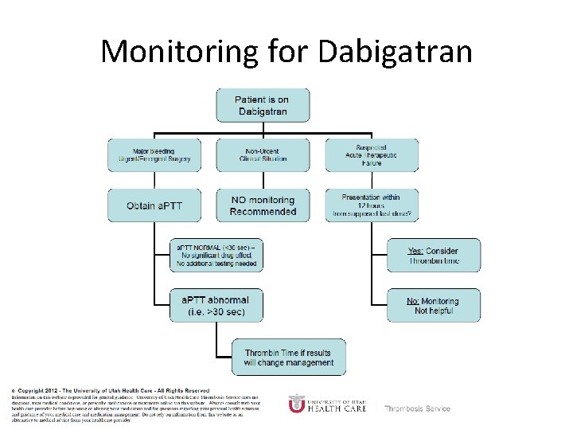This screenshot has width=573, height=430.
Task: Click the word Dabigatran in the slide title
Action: click(x=395, y=53)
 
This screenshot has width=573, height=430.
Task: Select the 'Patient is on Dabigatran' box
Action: click(x=262, y=105)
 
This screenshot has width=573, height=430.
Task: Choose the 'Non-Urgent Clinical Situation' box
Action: click(x=262, y=155)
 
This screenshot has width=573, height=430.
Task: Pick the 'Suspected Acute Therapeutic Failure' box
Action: click(x=371, y=155)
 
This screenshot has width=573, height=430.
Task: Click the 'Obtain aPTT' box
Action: click(x=154, y=205)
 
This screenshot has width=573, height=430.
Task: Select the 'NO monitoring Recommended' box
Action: click(x=262, y=205)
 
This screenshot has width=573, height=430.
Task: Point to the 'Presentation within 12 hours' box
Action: click(x=371, y=205)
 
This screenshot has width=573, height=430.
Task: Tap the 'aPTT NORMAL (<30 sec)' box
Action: click(x=216, y=255)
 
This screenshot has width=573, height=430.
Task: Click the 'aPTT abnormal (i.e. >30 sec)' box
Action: click(x=216, y=306)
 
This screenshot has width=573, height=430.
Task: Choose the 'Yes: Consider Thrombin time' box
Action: click(x=434, y=256)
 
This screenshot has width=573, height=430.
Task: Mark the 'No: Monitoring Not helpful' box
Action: click(x=434, y=306)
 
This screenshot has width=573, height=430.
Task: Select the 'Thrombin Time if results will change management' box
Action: click(x=289, y=358)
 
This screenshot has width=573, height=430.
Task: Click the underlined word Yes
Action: click(x=415, y=251)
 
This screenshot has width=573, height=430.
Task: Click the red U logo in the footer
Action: click(x=296, y=404)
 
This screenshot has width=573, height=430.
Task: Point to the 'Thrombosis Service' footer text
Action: click(x=418, y=408)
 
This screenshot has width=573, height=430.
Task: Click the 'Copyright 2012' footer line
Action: click(x=111, y=390)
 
